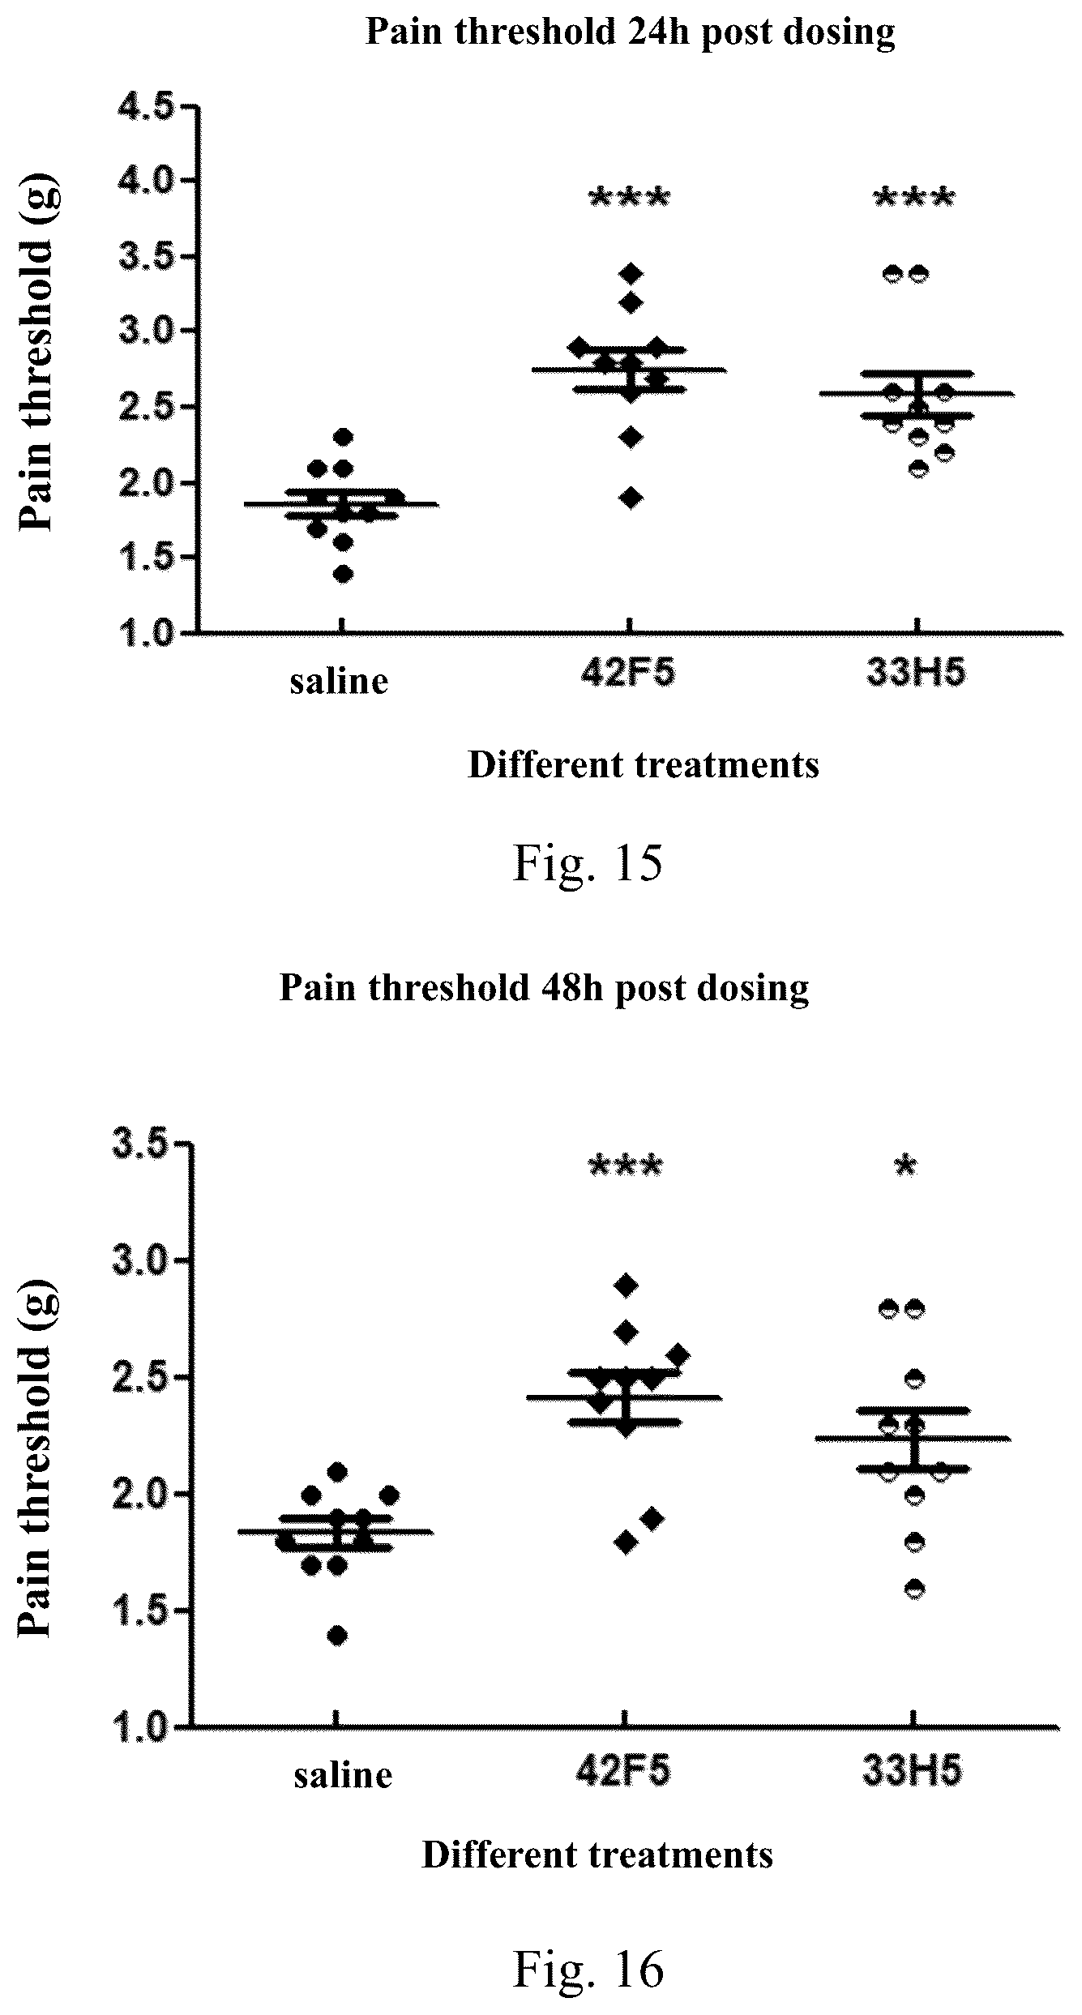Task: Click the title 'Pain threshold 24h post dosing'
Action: coord(631,32)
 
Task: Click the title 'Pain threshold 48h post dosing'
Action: coord(544,988)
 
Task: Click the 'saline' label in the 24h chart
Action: coord(340,682)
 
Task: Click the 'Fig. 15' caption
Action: coord(588,864)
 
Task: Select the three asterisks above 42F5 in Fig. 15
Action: coord(630,197)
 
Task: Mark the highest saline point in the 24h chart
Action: coord(343,437)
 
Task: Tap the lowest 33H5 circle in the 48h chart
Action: coord(914,1589)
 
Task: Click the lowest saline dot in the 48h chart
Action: coord(337,1636)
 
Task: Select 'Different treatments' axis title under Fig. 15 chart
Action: coord(644,765)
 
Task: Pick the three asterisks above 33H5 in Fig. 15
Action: coord(914,197)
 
